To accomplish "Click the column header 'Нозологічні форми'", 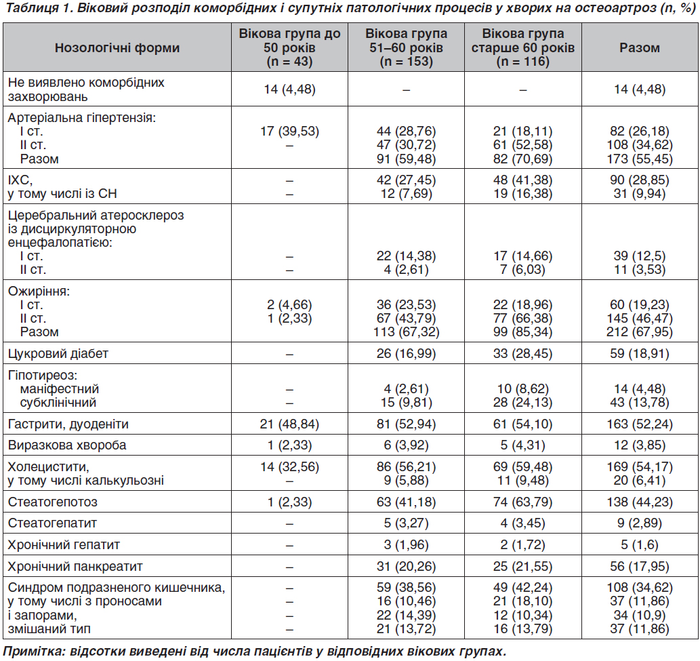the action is click(x=117, y=47).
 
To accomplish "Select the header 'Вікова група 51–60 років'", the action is click(x=407, y=41).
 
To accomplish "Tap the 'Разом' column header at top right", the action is click(x=639, y=47).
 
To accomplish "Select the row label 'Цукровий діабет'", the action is click(x=58, y=354).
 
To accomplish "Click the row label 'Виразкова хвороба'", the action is click(x=67, y=445).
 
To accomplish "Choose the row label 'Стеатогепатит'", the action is click(x=52, y=523).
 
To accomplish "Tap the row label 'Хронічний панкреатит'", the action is click(x=75, y=567).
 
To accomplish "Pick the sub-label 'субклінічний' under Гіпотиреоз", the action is click(x=58, y=403).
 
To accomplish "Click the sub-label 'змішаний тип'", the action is click(x=49, y=629).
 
